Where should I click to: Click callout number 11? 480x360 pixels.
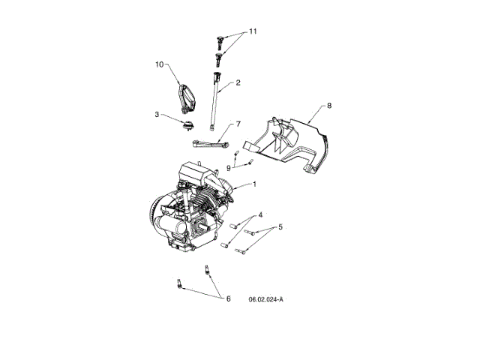[x=252, y=31]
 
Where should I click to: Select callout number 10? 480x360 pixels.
[x=159, y=65]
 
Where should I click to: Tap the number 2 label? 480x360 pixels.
[x=238, y=82]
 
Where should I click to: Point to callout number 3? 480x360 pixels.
[x=157, y=114]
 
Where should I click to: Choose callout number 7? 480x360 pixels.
[x=238, y=123]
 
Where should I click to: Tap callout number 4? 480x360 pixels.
[x=260, y=214]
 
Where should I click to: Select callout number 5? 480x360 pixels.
[x=280, y=226]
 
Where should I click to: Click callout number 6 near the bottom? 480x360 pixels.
[x=228, y=298]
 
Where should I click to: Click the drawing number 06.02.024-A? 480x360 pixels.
[x=266, y=299]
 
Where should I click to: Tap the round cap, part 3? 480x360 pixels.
[x=187, y=123]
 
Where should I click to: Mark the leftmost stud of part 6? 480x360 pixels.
[x=179, y=283]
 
